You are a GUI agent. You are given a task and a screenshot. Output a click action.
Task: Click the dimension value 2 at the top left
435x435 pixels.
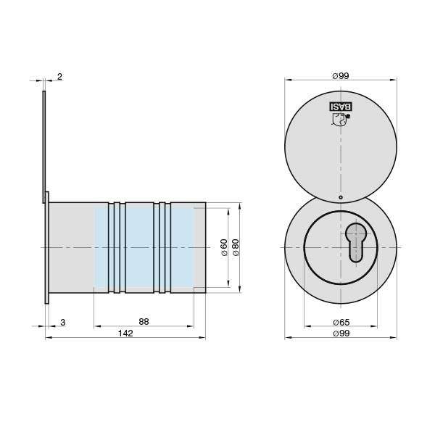pyautogui.click(x=59, y=76)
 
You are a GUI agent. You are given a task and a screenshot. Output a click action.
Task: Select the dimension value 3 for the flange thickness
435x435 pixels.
pyautogui.click(x=64, y=321)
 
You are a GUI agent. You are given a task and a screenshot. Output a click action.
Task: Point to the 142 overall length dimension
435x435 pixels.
pyautogui.click(x=126, y=333)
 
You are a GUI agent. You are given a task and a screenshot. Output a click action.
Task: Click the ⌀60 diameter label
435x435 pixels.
pyautogui.click(x=224, y=248)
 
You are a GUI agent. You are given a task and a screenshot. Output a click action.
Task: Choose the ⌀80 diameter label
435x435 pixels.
pyautogui.click(x=236, y=248)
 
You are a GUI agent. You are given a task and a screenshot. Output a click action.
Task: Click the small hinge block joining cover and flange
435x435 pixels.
pyautogui.click(x=47, y=196)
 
